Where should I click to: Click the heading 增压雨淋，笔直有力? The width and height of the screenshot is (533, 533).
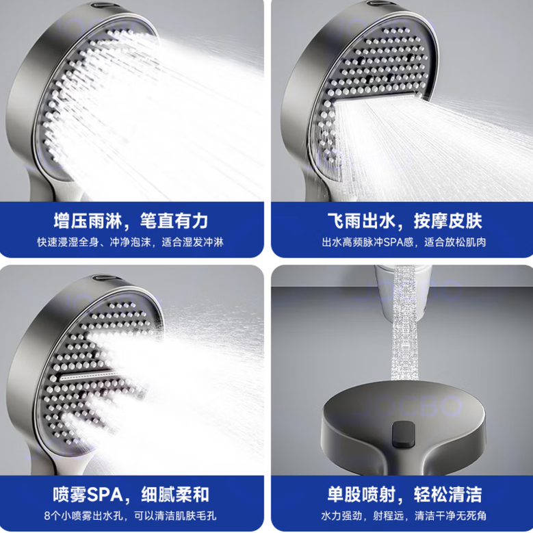point(131,220)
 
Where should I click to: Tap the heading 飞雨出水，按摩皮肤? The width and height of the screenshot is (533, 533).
point(404,220)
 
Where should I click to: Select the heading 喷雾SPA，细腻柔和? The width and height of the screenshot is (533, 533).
point(131,495)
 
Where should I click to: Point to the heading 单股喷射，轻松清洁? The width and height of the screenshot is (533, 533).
point(404,495)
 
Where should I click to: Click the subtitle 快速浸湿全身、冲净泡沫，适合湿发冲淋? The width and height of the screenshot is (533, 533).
point(131,242)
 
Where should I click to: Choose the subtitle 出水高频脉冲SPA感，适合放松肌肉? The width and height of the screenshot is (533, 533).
point(404,242)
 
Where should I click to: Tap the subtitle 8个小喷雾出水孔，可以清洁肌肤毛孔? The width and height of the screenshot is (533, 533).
point(130,516)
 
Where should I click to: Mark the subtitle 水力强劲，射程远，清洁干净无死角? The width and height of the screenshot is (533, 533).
point(404,516)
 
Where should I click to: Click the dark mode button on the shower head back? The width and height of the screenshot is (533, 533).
point(404,434)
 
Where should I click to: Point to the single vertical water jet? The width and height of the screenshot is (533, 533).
point(404,323)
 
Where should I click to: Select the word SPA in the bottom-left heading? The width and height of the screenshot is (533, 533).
point(105,495)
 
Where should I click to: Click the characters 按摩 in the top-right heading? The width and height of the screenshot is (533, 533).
point(430,220)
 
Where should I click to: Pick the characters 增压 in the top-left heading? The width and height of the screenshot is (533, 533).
point(70,220)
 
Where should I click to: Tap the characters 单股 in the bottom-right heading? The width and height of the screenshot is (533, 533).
point(344,495)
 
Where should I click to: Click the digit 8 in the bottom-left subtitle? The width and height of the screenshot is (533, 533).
point(47,516)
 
